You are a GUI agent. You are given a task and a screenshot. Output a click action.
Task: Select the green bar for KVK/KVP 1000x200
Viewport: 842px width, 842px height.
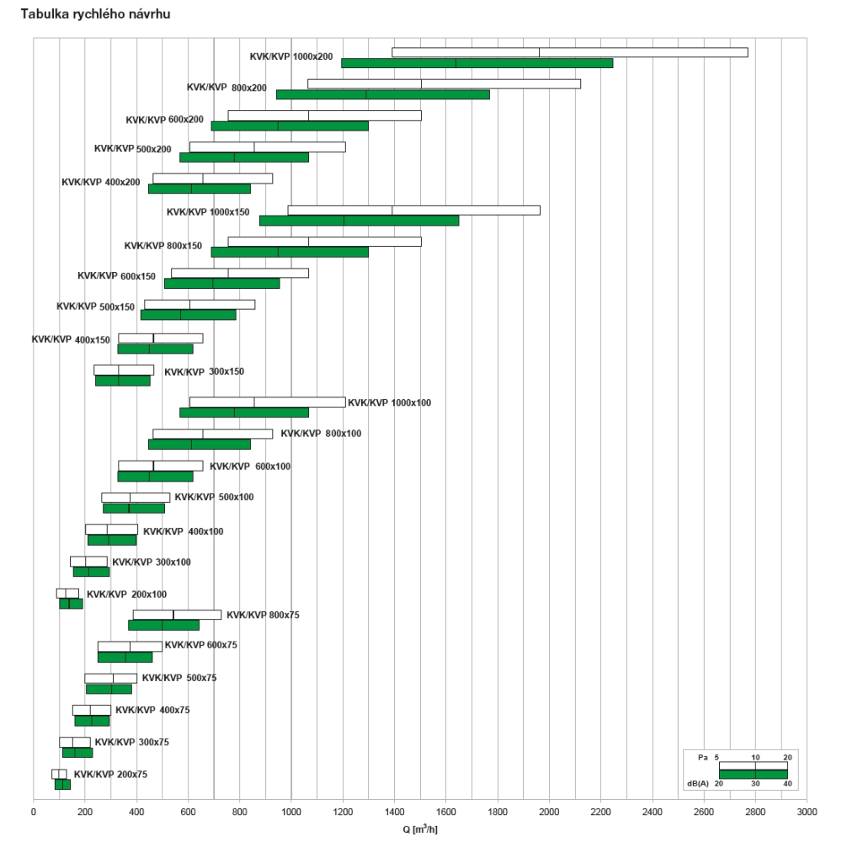coord(477,63)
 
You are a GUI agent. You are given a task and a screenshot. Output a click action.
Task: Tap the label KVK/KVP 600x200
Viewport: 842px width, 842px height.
coord(164,120)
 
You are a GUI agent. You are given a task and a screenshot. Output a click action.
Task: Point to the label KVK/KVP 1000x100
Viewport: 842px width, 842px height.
coord(389,403)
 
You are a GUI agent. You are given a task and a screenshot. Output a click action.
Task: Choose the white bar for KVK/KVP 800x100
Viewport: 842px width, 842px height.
coord(212,434)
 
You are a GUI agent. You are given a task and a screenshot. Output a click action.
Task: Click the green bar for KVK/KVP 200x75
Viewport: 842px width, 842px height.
coord(62,785)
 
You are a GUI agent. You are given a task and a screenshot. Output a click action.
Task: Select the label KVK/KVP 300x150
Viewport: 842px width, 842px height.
coord(204,371)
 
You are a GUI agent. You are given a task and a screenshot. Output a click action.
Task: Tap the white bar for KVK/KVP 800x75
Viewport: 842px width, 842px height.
coord(177,615)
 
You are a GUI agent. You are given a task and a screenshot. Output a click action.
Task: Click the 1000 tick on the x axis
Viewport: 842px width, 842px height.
coord(291,813)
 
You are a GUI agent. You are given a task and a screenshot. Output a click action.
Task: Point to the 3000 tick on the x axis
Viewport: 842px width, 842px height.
coord(807,813)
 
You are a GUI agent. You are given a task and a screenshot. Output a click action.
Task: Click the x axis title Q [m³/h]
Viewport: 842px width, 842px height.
coord(418,829)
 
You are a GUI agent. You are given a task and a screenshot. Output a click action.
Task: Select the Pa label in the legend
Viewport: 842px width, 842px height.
coord(702,758)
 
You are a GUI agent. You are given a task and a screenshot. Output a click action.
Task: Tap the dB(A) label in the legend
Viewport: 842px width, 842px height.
coord(698,783)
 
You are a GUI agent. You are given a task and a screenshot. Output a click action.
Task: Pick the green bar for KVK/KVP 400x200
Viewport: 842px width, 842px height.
coord(199,189)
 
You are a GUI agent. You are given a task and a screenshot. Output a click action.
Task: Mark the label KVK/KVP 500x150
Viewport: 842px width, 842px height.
coord(95,306)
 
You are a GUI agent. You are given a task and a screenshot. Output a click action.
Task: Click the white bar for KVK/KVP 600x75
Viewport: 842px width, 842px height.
coord(130,647)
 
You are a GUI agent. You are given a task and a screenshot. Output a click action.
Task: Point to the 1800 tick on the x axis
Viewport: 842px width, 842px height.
coord(498,813)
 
